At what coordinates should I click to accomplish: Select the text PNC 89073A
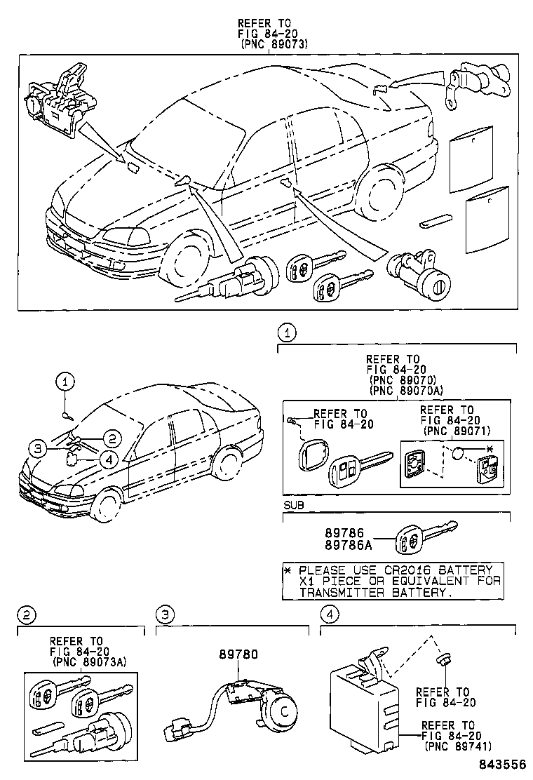pyautogui.click(x=90, y=661)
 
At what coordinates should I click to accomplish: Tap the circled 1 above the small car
pyautogui.click(x=65, y=382)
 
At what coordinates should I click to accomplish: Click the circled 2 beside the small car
pyautogui.click(x=109, y=439)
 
